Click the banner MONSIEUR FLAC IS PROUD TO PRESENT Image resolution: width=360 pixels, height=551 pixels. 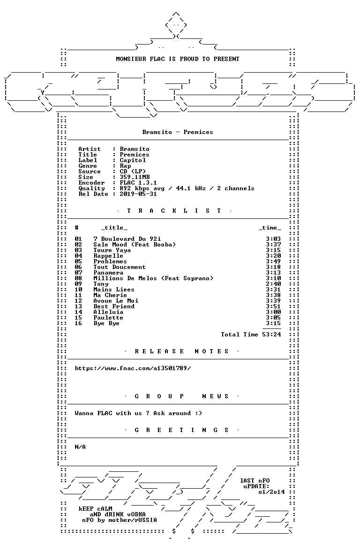tap(178, 59)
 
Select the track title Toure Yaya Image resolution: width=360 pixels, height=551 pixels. tap(112, 250)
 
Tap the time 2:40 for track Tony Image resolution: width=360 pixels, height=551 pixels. tap(273, 284)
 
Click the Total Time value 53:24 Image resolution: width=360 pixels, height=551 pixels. tap(271, 335)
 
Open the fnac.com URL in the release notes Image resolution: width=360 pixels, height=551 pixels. tap(133, 368)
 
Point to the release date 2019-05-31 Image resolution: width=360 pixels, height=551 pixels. tap(138, 194)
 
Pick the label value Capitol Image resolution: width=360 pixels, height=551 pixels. tap(133, 160)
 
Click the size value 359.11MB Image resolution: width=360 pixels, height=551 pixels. tap(135, 177)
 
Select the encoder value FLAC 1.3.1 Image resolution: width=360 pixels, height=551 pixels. tap(138, 183)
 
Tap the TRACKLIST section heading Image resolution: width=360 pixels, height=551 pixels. tap(174, 211)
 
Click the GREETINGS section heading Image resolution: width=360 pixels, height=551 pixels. tap(181, 430)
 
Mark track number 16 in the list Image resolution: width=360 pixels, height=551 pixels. tap(78, 323)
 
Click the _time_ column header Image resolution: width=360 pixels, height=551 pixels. tap(270, 228)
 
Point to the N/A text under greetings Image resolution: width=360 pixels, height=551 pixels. tap(80, 447)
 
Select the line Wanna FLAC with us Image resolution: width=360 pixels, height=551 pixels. tap(138, 413)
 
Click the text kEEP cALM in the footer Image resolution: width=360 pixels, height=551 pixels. tap(95, 509)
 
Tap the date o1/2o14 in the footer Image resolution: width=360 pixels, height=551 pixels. tap(271, 492)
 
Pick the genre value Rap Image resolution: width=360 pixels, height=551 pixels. tap(125, 166)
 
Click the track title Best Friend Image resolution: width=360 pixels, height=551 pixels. tap(113, 306)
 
